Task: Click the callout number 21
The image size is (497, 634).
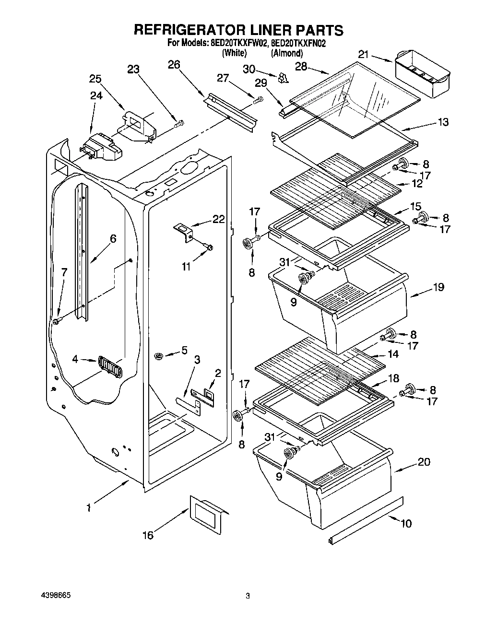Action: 364,55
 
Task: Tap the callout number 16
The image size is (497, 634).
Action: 148,535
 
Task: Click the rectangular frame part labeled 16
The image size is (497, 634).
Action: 208,515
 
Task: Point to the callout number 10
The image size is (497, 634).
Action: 406,523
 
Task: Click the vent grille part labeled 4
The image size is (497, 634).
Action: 110,367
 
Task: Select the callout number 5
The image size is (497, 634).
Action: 184,351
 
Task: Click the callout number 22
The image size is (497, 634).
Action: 218,219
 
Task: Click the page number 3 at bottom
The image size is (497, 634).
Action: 248,596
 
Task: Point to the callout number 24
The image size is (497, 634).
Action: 96,96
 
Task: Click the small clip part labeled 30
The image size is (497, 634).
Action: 283,77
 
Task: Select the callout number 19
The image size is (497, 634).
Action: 438,287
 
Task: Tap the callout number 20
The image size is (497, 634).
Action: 424,462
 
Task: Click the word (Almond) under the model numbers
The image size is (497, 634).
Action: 287,53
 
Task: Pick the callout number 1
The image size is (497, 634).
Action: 89,507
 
